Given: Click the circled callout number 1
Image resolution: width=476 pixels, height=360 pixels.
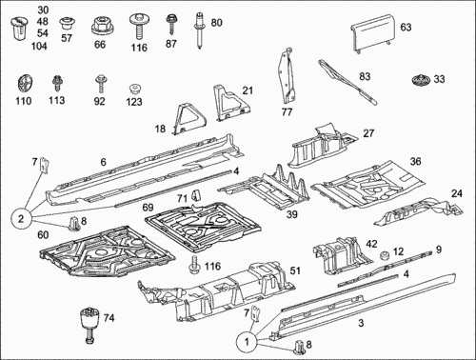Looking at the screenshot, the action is tap(247, 342).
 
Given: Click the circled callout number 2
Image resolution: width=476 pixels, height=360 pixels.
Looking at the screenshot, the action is tap(21, 219).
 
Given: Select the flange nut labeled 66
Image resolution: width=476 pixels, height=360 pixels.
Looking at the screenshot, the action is tap(99, 25).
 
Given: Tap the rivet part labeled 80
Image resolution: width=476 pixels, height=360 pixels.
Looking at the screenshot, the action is tap(199, 30).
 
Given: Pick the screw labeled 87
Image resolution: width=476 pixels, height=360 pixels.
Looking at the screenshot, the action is tap(170, 25).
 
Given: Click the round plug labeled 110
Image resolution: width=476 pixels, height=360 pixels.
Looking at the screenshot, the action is tap(24, 85).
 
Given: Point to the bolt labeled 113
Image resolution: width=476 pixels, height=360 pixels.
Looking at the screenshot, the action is tap(57, 84).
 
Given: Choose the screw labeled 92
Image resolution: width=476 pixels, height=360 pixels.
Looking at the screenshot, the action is tap(100, 83).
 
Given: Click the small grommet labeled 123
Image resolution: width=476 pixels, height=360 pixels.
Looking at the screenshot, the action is tap(134, 89).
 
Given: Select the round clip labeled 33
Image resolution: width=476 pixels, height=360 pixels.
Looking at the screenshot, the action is tap(422, 79).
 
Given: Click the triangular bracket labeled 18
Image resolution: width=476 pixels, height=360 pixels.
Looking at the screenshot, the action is tap(189, 119).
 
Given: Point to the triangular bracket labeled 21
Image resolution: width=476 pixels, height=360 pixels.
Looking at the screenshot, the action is tap(231, 103).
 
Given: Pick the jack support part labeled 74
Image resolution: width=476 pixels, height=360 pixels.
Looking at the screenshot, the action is tap(89, 324).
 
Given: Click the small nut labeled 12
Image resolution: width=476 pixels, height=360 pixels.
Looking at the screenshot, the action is tap(385, 254).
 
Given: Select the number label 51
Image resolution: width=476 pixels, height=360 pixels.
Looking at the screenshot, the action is tap(295, 270).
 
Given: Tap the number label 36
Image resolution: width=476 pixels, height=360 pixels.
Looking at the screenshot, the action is tap(415, 161).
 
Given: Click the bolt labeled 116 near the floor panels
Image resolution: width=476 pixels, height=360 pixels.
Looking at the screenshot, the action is tap(193, 265).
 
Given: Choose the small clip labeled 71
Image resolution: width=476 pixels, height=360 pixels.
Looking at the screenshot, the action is tap(196, 195).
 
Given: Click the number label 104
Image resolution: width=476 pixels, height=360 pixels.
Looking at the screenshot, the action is tap(39, 47).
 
